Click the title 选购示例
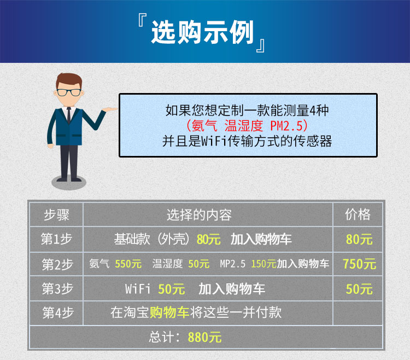click(202, 32)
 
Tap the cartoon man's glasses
click(68, 92)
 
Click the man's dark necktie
click(69, 115)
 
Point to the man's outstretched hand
click(110, 109)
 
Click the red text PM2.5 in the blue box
click(286, 126)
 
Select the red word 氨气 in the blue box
click(204, 126)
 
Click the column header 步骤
click(56, 215)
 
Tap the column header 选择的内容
click(199, 215)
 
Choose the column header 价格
click(358, 214)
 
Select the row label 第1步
click(56, 239)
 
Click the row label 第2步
click(57, 264)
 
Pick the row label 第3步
click(57, 288)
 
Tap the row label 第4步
click(58, 312)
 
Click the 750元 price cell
click(360, 264)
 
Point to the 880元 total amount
click(205, 337)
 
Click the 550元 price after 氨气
click(128, 264)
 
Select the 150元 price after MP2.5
click(263, 264)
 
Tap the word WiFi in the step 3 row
click(138, 289)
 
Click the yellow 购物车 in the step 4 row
click(169, 312)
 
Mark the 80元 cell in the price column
click(359, 239)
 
